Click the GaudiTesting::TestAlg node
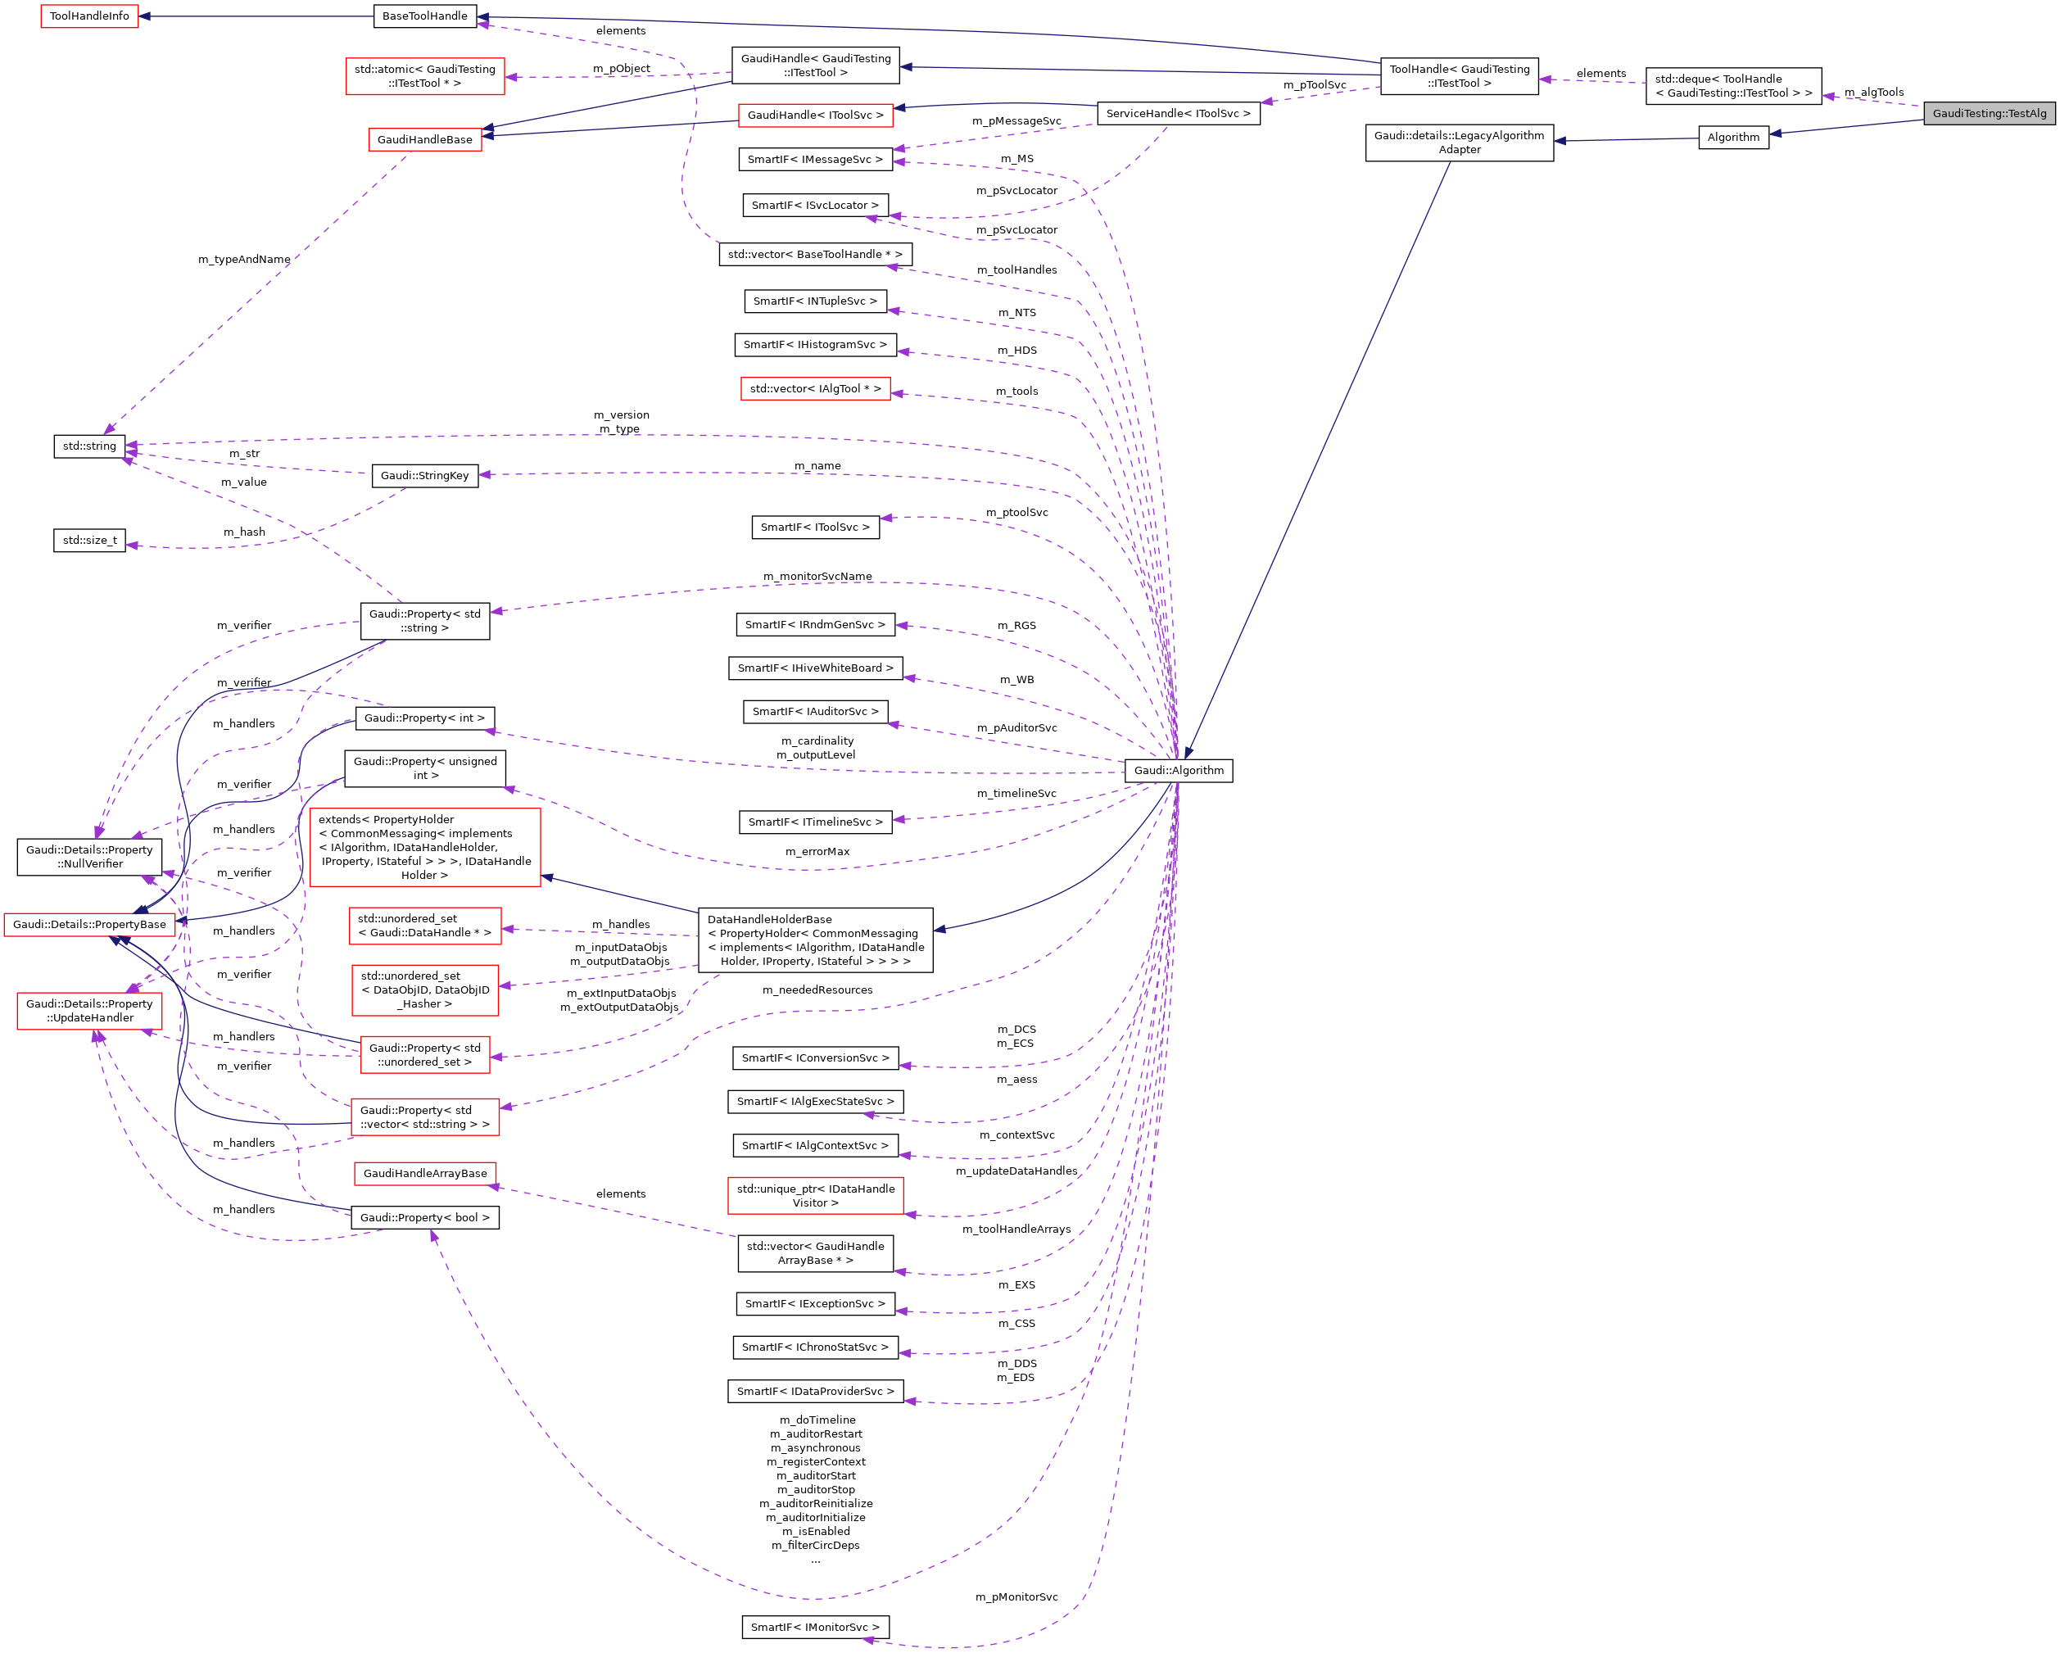coord(1989,114)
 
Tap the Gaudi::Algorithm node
coord(1178,770)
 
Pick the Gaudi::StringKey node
coord(424,476)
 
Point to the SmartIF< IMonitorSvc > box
coord(815,1628)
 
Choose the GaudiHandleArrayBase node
coord(425,1173)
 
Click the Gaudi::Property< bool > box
coord(425,1217)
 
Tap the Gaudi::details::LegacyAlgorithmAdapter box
coord(1459,143)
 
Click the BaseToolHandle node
coord(425,16)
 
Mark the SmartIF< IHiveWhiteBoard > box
coord(815,668)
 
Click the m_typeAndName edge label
coord(243,260)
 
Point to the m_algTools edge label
coord(1874,93)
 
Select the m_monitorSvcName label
coord(817,576)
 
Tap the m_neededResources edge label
coord(817,990)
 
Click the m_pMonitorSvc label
coord(1016,1596)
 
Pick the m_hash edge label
coord(243,532)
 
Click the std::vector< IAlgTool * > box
coord(815,389)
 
